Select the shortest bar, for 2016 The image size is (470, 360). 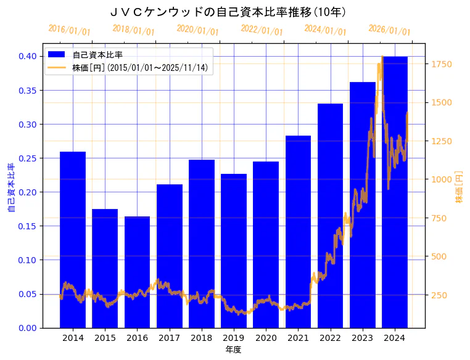pyautogui.click(x=137, y=271)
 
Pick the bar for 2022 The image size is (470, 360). pyautogui.click(x=330, y=216)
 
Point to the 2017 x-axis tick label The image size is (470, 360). pyautogui.click(x=169, y=338)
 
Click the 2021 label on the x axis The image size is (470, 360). pyautogui.click(x=298, y=338)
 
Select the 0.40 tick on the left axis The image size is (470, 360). pyautogui.click(x=27, y=56)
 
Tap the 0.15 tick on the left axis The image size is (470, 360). pyautogui.click(x=27, y=226)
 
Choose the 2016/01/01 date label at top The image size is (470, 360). pyautogui.click(x=69, y=30)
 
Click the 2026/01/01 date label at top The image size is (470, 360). pyautogui.click(x=389, y=30)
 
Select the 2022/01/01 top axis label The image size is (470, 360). pyautogui.click(x=262, y=30)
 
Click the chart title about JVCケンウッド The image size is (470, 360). pyautogui.click(x=228, y=12)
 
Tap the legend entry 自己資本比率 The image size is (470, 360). pyautogui.click(x=97, y=55)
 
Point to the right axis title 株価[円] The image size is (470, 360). pyautogui.click(x=460, y=188)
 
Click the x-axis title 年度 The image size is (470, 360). pyautogui.click(x=233, y=350)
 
